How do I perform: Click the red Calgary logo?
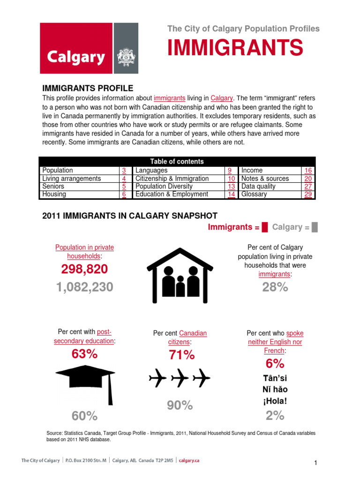(76, 49)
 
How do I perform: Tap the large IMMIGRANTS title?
(235, 47)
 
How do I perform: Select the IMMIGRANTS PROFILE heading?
(88, 88)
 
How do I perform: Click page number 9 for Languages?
(230, 171)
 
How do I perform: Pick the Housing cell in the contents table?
(54, 195)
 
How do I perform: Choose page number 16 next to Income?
(308, 171)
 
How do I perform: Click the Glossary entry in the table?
(254, 195)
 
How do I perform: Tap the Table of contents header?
(177, 161)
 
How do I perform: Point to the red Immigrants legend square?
(265, 227)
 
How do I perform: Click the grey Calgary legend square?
(315, 227)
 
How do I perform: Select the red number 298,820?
(84, 269)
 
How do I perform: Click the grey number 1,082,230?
(84, 287)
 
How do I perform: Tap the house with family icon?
(180, 276)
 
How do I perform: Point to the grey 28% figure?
(275, 287)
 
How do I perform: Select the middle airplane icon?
(180, 378)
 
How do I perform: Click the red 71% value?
(181, 355)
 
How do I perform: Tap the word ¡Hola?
(275, 401)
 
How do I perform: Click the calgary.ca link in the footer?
(189, 460)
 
